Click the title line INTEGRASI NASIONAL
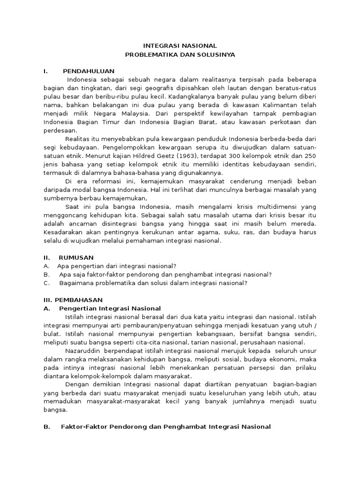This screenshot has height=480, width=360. pyautogui.click(x=180, y=46)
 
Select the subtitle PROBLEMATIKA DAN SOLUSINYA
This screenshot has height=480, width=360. pyautogui.click(x=180, y=54)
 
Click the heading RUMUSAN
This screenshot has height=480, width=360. pyautogui.click(x=76, y=257)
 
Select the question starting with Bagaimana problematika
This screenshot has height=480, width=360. pyautogui.click(x=153, y=283)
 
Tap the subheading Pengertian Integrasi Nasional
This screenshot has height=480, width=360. pyautogui.click(x=110, y=308)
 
